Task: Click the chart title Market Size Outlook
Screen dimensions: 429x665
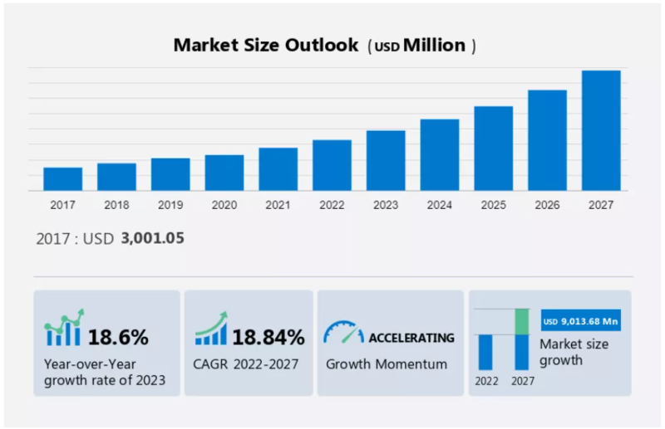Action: coord(265,46)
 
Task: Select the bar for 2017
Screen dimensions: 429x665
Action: coord(63,179)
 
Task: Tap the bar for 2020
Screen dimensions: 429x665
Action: coord(224,173)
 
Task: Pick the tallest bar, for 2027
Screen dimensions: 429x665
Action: coord(601,130)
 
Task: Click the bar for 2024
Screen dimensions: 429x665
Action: coord(440,155)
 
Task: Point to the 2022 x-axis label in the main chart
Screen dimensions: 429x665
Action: coord(332,205)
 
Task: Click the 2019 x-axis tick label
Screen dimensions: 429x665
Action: coord(170,205)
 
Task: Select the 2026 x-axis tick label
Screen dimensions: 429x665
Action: coord(547,205)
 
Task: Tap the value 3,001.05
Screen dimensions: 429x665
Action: coord(152,238)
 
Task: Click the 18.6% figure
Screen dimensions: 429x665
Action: coord(118,337)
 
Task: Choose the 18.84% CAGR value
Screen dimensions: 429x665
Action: coord(268,337)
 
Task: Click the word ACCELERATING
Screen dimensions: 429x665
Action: coord(411,338)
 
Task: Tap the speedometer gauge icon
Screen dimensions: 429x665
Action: coord(343,333)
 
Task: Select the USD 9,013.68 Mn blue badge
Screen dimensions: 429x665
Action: coord(581,321)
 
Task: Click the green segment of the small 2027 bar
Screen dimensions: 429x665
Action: coord(522,322)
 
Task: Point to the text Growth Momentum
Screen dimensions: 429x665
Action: coord(387,363)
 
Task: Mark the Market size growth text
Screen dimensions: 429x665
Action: coord(573,352)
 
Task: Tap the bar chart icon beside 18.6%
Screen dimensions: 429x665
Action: coord(64,329)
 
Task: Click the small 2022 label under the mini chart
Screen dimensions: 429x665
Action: coord(487,381)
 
